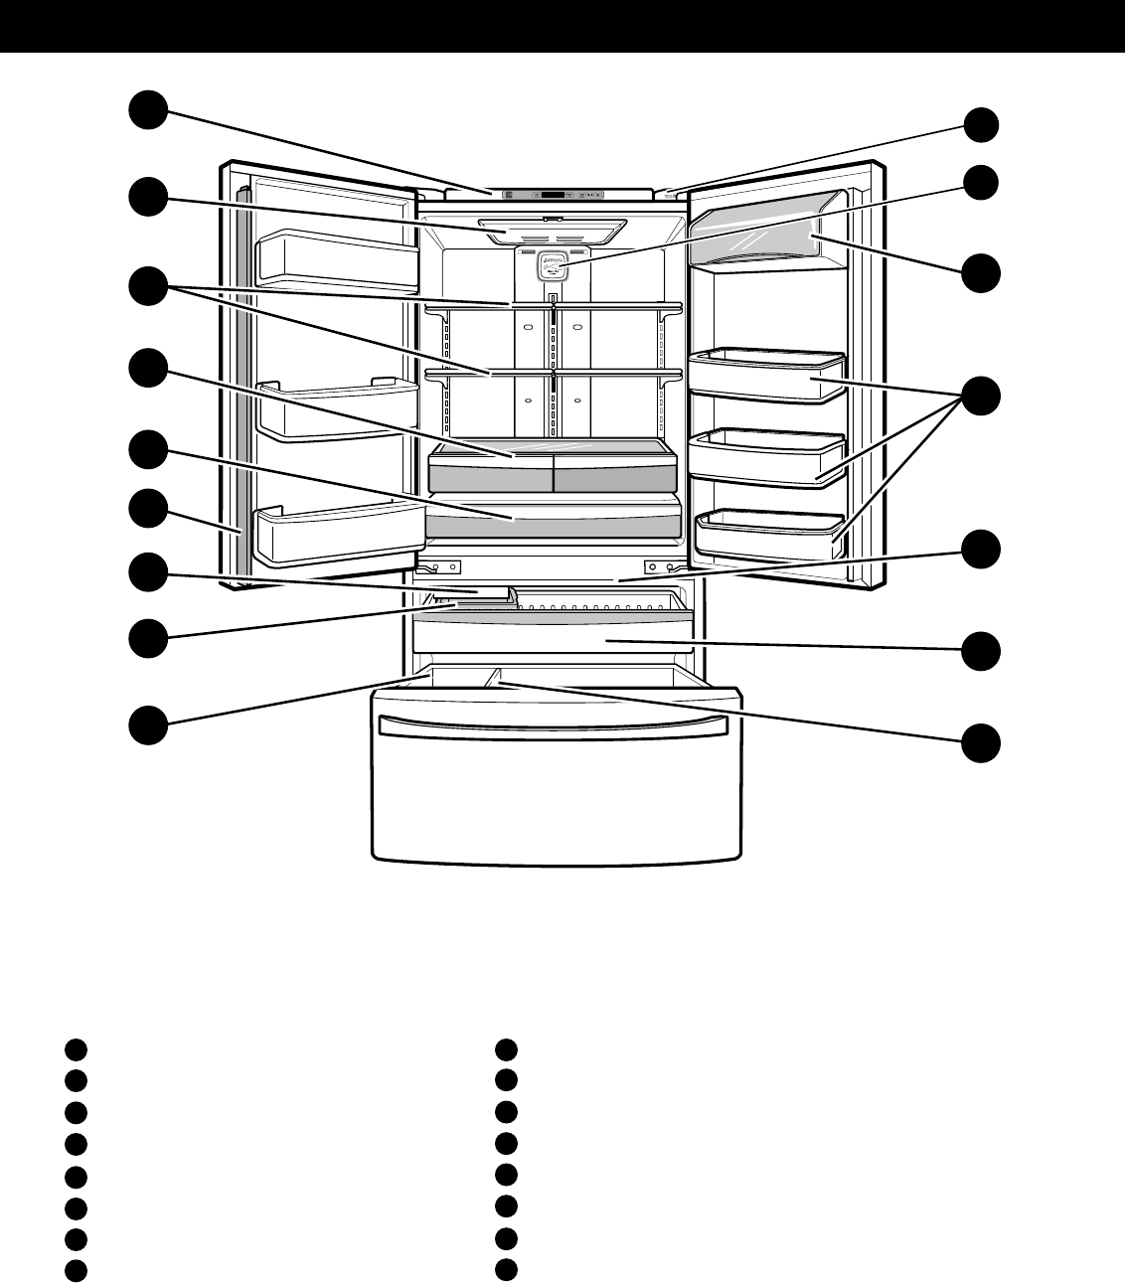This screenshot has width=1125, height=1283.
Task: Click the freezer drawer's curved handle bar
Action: [x=557, y=723]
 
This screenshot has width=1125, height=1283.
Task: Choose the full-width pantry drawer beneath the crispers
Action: [x=553, y=520]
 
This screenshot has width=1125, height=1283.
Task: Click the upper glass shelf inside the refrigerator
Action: [x=553, y=306]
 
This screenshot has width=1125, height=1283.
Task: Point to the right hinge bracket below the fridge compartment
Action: [x=665, y=568]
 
